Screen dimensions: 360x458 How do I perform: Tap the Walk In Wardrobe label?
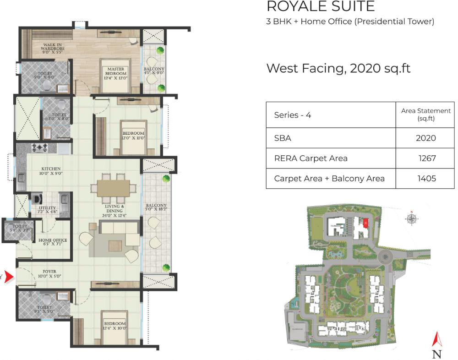pos(48,48)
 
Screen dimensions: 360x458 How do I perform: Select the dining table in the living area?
pos(114,187)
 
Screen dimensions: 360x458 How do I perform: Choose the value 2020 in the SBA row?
pos(426,138)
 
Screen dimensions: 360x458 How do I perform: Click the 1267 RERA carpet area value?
pos(426,158)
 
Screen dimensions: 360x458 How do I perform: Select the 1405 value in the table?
pos(426,178)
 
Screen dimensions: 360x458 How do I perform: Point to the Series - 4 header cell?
pos(293,115)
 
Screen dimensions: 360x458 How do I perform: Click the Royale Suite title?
pos(320,6)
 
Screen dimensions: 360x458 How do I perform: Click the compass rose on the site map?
pos(412,218)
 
